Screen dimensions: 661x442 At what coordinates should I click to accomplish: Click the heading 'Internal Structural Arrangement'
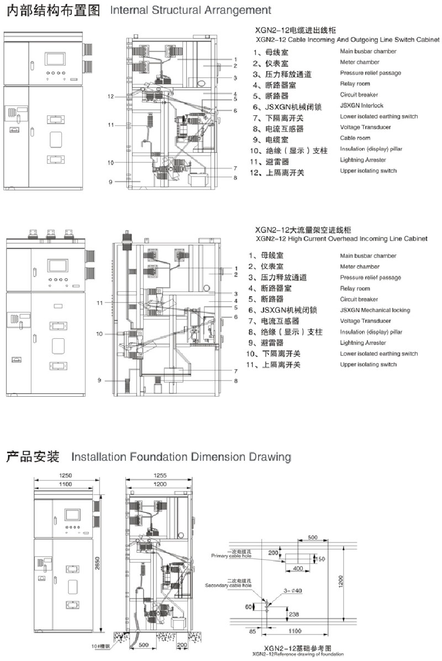tap(191, 10)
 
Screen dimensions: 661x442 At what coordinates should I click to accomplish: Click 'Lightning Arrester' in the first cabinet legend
tap(363, 160)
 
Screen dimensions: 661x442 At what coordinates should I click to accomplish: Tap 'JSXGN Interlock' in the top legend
tap(362, 105)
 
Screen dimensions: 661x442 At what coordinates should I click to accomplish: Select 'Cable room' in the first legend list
tap(355, 138)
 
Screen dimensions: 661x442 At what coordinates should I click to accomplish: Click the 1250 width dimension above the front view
tap(66, 476)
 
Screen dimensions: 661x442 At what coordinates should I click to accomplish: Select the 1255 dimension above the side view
tap(160, 476)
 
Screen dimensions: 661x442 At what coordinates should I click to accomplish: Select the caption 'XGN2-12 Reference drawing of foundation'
tap(297, 654)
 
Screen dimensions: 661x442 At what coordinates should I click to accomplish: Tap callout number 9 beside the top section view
tap(110, 182)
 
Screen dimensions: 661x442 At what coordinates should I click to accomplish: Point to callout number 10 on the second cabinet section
tap(99, 334)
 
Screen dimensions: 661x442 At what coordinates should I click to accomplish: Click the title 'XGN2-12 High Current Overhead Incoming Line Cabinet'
tap(341, 238)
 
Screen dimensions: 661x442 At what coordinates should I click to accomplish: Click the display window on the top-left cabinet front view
tap(56, 59)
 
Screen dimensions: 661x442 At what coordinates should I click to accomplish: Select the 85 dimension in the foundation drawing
tap(251, 630)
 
